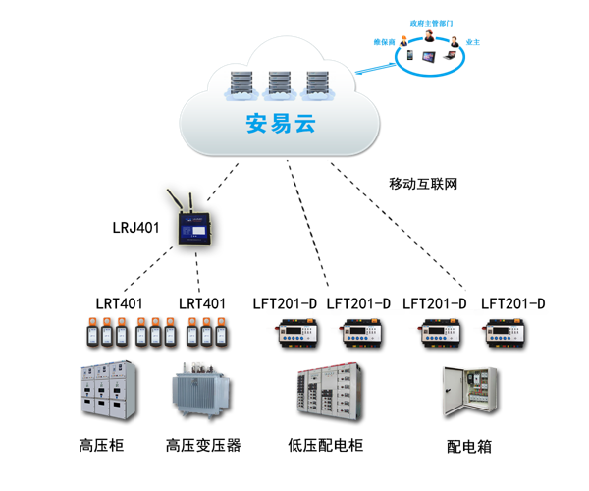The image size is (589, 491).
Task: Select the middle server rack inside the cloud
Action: pyautogui.click(x=278, y=82)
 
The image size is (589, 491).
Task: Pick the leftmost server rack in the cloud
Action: pyautogui.click(x=241, y=82)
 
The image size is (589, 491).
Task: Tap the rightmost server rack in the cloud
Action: pyautogui.click(x=315, y=82)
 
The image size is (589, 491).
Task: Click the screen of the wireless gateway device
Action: pyautogui.click(x=193, y=228)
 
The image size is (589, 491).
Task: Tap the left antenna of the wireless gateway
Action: pyautogui.click(x=178, y=201)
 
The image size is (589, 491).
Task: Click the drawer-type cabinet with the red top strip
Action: pyautogui.click(x=328, y=391)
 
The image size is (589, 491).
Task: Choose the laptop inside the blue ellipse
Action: pyautogui.click(x=449, y=54)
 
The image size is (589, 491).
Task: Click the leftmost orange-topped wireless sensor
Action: pyautogui.click(x=90, y=331)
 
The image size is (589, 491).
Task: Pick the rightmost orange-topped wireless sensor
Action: pyautogui.click(x=222, y=331)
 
